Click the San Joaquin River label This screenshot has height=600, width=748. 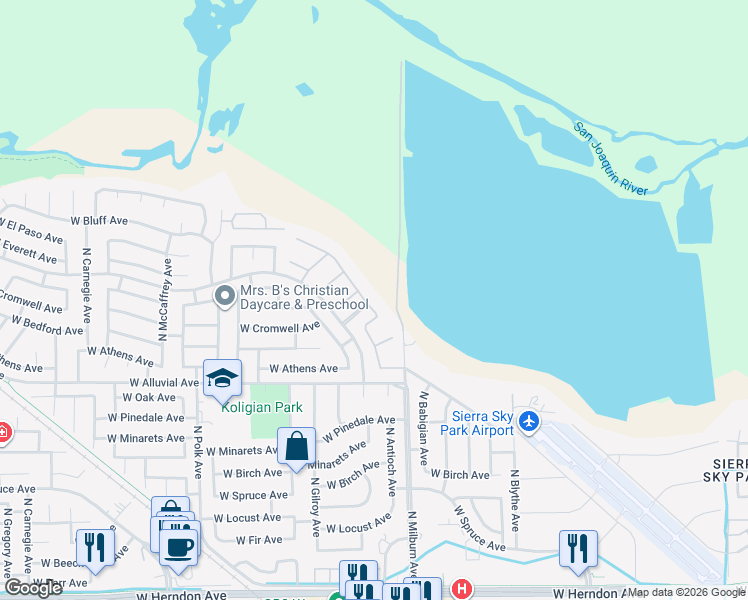coord(611,158)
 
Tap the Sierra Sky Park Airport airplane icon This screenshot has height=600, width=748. coord(531,424)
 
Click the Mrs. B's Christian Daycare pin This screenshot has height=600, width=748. coord(224,295)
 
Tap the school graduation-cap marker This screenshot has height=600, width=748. coord(222,378)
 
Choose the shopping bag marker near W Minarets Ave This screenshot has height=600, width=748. coord(297,446)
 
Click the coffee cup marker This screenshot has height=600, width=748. coord(180,547)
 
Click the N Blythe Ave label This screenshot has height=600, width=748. coord(515,501)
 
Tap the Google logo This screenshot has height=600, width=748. coord(33,588)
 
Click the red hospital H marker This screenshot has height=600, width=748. coord(460,589)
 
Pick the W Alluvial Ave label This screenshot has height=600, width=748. coord(164,383)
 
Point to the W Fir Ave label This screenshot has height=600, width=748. coord(258,540)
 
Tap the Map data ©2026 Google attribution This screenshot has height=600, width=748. coord(686,592)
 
